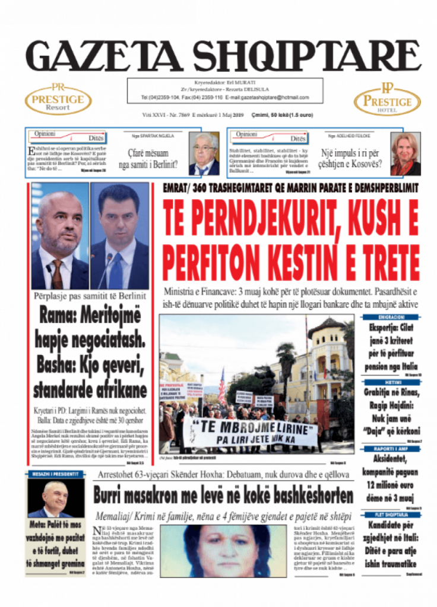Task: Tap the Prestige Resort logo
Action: coord(58,100)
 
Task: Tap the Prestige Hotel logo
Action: coord(387,100)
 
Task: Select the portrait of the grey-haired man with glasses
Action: coord(204,154)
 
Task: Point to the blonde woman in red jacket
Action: coord(405,154)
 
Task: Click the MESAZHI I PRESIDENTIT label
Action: coord(56,474)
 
